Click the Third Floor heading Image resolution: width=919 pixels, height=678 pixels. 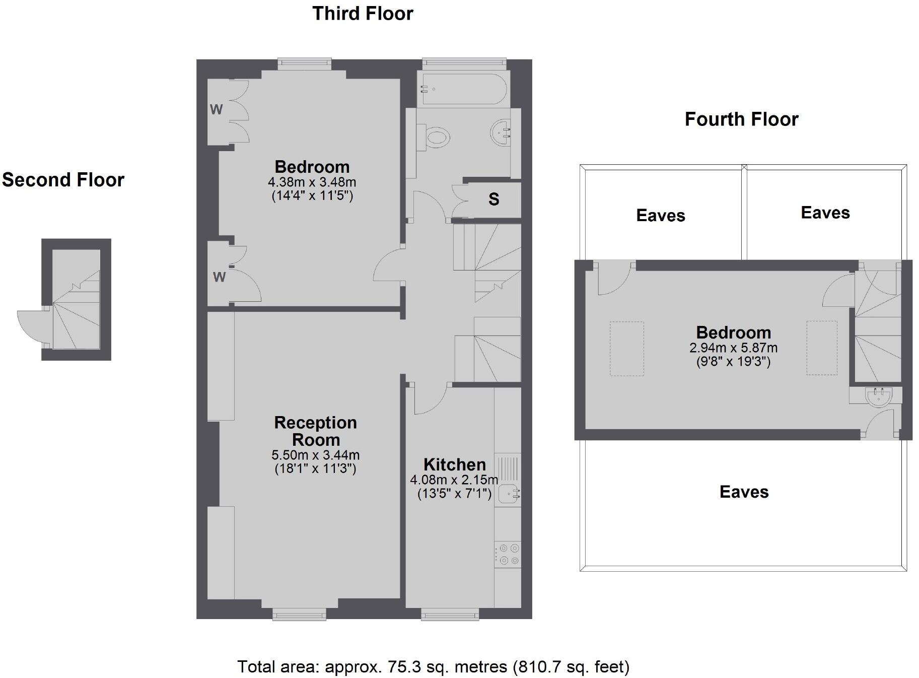pyautogui.click(x=363, y=14)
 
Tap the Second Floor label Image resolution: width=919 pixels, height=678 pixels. pyautogui.click(x=63, y=180)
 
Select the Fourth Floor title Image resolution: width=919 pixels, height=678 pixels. pyautogui.click(x=741, y=119)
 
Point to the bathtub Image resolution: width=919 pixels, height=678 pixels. pyautogui.click(x=462, y=90)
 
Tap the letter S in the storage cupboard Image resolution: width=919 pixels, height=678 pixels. pyautogui.click(x=493, y=199)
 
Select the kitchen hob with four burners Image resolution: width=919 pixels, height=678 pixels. pyautogui.click(x=508, y=554)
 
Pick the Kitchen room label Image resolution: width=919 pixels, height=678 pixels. pyautogui.click(x=454, y=464)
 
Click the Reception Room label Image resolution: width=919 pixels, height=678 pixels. pyautogui.click(x=315, y=431)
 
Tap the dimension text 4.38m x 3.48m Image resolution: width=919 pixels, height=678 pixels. pyautogui.click(x=312, y=182)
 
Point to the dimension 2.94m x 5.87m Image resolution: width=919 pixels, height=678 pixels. pyautogui.click(x=733, y=348)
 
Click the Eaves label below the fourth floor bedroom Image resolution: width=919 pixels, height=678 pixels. pyautogui.click(x=744, y=492)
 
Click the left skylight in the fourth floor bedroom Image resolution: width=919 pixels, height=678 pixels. pyautogui.click(x=626, y=349)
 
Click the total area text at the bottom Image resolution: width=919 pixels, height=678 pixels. pyautogui.click(x=433, y=667)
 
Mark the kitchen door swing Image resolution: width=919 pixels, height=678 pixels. pyautogui.click(x=429, y=399)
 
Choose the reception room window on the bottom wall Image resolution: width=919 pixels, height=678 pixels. pyautogui.click(x=299, y=614)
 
